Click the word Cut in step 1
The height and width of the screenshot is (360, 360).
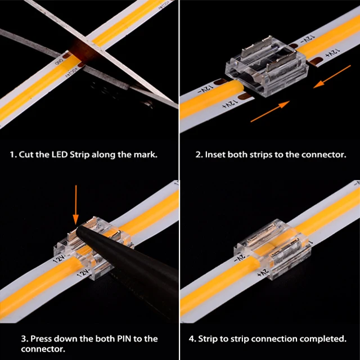click(x=26, y=155)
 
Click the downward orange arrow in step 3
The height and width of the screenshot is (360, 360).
click(x=76, y=205)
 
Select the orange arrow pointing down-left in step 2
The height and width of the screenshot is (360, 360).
click(x=332, y=76)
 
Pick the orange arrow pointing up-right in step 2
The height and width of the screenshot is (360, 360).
click(x=270, y=111)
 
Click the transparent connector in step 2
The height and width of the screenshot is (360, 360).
click(x=267, y=66)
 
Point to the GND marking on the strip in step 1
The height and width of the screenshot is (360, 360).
click(x=58, y=61)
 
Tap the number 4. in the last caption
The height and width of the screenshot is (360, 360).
click(x=192, y=339)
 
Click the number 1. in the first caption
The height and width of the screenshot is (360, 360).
click(x=13, y=155)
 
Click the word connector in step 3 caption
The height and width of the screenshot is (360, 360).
click(x=43, y=349)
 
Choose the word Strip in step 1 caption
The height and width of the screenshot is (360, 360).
click(x=79, y=155)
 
